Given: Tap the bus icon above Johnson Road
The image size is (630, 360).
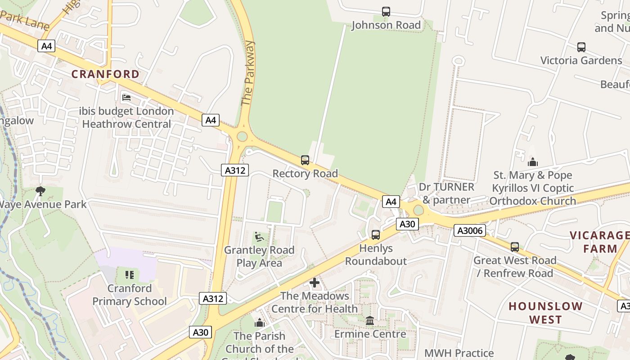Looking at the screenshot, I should (x=386, y=12).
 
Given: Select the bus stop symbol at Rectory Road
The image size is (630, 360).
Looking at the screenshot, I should (x=305, y=160).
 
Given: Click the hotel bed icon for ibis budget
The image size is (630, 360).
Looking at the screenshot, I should (x=126, y=97).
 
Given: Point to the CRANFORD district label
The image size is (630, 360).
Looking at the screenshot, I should (x=106, y=74).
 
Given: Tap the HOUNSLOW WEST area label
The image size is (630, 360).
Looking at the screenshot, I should (x=545, y=313).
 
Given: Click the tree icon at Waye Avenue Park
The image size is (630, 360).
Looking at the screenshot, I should (x=40, y=191).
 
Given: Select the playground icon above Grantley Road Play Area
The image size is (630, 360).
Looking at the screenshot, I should (x=259, y=236).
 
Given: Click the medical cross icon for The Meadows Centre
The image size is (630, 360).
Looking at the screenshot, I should (x=315, y=283).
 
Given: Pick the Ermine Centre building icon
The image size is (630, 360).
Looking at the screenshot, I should (x=370, y=320).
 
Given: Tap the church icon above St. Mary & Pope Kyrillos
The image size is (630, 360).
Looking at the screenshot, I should (x=533, y=162).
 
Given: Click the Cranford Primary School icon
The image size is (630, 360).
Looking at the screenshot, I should (x=130, y=274).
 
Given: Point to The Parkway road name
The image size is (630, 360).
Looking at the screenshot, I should (x=248, y=73).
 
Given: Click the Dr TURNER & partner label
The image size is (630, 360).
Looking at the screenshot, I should (x=446, y=193).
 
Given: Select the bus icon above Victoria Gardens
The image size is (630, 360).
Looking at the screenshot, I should (x=581, y=47).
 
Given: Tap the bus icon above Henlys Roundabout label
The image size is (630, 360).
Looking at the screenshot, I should (x=376, y=234).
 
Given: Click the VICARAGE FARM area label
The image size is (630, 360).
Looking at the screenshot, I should (x=599, y=242).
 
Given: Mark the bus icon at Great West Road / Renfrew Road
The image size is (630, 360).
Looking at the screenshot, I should (x=514, y=247).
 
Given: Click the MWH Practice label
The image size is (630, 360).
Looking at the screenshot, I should (x=459, y=353).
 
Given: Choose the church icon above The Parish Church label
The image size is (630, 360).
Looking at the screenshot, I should (x=260, y=323).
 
